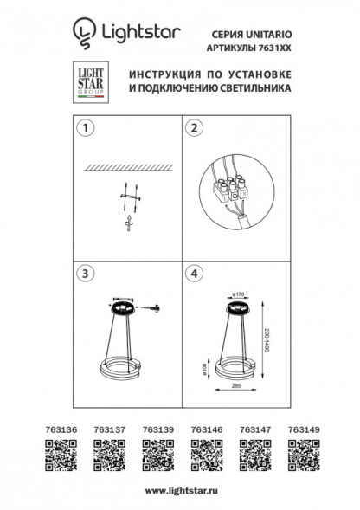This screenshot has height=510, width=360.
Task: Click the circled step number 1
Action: point(85,129)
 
